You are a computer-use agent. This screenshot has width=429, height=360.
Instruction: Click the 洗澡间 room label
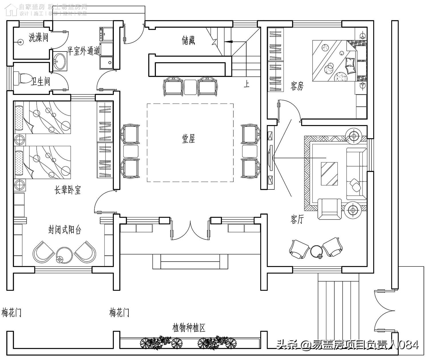point(38,37)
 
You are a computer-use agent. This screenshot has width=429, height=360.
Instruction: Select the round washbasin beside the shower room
point(60,61)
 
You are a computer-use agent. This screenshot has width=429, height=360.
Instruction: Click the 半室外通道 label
point(83,51)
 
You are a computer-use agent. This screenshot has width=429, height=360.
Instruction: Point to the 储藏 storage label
point(188,40)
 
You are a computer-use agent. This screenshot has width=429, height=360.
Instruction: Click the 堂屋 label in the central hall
point(188,139)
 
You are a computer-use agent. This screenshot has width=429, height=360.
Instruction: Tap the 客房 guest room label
point(297,86)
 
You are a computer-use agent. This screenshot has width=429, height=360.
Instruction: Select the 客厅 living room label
point(297,219)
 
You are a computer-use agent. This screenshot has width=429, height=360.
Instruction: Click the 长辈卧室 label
point(68,190)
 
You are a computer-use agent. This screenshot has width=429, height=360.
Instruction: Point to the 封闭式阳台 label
point(65,230)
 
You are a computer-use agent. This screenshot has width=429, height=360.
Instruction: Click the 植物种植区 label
point(189,328)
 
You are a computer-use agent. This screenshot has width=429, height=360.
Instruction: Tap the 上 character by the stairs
point(246,84)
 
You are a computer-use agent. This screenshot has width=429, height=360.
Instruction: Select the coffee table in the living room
point(329,173)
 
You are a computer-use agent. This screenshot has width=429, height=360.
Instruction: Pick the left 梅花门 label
point(11,312)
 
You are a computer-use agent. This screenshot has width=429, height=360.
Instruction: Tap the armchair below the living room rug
point(330,209)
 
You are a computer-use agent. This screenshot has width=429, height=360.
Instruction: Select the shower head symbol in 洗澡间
point(20,41)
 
